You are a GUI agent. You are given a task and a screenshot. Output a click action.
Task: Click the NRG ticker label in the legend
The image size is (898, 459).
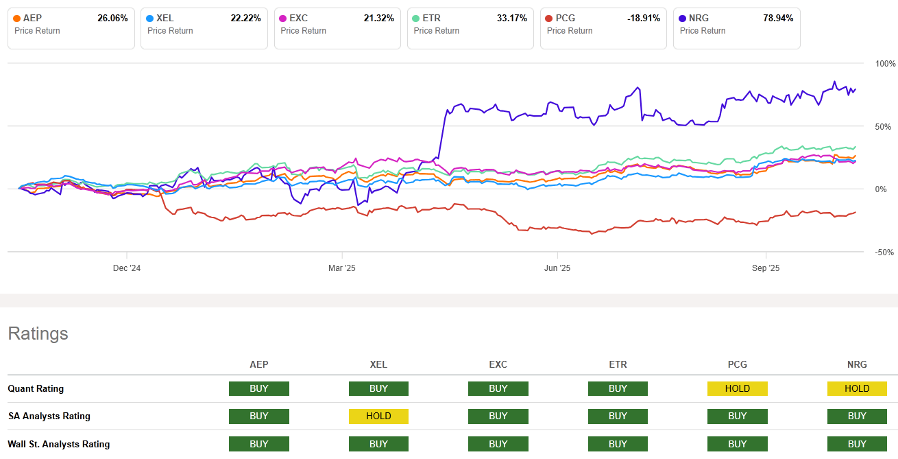click(699, 19)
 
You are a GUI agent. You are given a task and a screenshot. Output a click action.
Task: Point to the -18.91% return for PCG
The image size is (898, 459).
click(644, 19)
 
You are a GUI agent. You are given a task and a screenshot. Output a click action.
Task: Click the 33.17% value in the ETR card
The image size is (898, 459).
click(511, 19)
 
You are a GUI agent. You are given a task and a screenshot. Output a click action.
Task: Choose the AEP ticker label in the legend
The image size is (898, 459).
click(34, 19)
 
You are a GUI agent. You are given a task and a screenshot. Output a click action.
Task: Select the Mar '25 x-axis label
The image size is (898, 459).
click(342, 268)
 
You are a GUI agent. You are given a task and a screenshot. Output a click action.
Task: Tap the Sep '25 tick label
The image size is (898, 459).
click(766, 268)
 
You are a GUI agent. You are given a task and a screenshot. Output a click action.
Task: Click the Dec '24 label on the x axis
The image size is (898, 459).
click(127, 268)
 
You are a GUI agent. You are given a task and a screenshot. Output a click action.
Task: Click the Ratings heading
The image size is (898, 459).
click(38, 334)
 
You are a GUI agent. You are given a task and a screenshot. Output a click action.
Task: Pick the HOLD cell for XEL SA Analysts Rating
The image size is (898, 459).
click(378, 416)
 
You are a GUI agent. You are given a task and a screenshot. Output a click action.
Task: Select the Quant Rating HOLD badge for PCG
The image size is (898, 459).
click(737, 389)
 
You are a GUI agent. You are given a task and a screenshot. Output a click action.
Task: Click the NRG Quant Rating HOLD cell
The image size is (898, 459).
click(856, 389)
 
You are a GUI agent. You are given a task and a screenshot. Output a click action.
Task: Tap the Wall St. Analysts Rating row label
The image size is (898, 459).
click(58, 445)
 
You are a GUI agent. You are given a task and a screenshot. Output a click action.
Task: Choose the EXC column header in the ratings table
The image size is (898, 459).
click(498, 365)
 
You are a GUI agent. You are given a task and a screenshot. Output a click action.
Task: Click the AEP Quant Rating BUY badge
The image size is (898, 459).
click(259, 389)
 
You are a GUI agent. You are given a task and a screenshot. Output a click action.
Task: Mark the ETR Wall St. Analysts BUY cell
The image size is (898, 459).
click(618, 445)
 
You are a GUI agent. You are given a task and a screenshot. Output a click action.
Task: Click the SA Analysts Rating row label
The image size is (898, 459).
click(49, 416)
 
